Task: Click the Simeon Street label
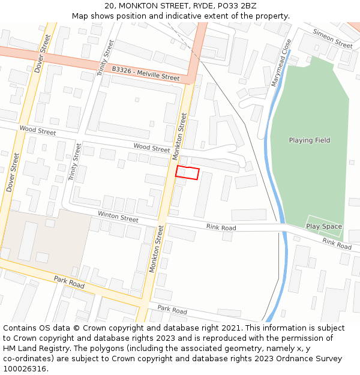[x=332, y=40]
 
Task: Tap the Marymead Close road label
[x=281, y=63]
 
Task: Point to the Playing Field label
[x=310, y=140]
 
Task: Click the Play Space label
[x=324, y=227]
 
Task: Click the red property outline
[x=187, y=173]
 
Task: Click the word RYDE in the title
[x=193, y=6]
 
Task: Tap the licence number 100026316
[x=25, y=369]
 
